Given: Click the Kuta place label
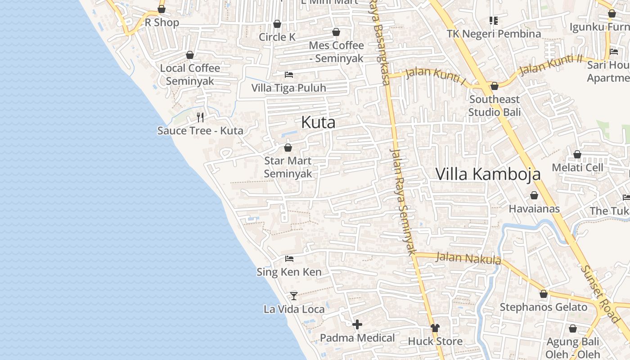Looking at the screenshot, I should pos(318,122).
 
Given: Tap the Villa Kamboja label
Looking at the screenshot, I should pos(488,174).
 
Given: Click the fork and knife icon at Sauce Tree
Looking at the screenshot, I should pos(200,117).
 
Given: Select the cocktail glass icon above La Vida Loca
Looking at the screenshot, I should pos(294,296).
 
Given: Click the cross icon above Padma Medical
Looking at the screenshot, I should pos(357,324).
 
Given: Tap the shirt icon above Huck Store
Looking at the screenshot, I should pos(435,328).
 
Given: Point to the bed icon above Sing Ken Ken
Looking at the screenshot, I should pos(289,259).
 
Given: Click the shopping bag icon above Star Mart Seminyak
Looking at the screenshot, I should pos(288,148).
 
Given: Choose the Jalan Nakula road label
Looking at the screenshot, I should pos(468,258).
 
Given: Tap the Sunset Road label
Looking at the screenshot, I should pos(601,293).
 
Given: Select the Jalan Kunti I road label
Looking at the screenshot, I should pos(436,75).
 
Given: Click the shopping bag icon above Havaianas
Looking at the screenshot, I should pos(534,195).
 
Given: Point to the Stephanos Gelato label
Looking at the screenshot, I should pos(544,307).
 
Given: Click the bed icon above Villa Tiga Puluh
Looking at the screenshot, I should pos(289,74).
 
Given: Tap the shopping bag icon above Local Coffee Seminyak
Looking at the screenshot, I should pos(190,55).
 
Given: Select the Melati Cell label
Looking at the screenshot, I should pos(577,168).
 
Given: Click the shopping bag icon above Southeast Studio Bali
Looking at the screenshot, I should pos(495,86).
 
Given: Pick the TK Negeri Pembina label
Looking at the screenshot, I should pos(494,34).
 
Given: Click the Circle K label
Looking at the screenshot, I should pos(277,37).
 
